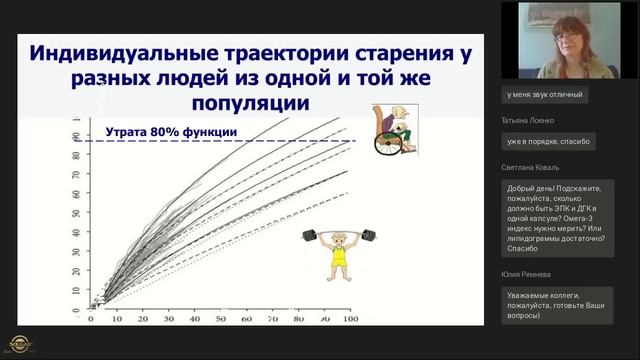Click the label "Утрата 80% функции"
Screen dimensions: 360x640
coord(171,131)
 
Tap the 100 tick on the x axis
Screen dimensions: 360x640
coord(350,318)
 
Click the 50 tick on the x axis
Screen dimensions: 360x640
coord(220,318)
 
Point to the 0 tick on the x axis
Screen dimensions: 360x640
coord(91,318)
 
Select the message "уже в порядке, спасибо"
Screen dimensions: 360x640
coord(549,141)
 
